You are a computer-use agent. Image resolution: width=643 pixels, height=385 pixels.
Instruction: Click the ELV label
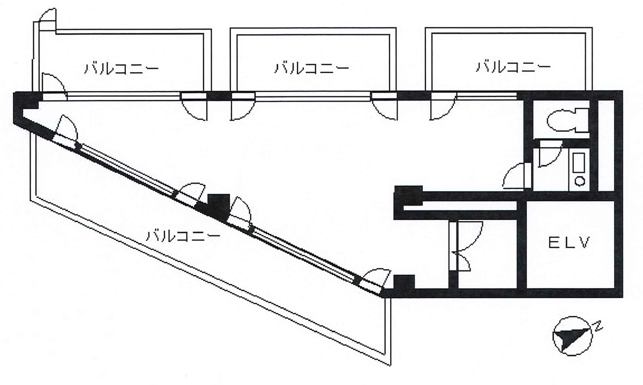pos(569,243)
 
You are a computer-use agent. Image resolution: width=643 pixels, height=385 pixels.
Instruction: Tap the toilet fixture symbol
pos(567,120)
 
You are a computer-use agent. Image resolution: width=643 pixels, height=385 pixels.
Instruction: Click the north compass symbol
pos(572,336)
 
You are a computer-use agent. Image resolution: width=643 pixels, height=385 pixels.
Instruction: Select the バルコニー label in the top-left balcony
pos(122,69)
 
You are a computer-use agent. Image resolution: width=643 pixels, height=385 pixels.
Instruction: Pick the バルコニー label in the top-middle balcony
pos(312,68)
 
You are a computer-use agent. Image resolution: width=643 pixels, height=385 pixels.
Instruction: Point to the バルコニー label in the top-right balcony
pos(513,67)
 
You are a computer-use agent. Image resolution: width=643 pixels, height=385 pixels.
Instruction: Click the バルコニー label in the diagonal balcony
pos(183,236)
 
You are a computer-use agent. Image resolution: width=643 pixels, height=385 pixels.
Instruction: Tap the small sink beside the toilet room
pos(579,169)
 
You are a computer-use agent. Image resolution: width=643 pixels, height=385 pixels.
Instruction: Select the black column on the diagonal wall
pos(219,205)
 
